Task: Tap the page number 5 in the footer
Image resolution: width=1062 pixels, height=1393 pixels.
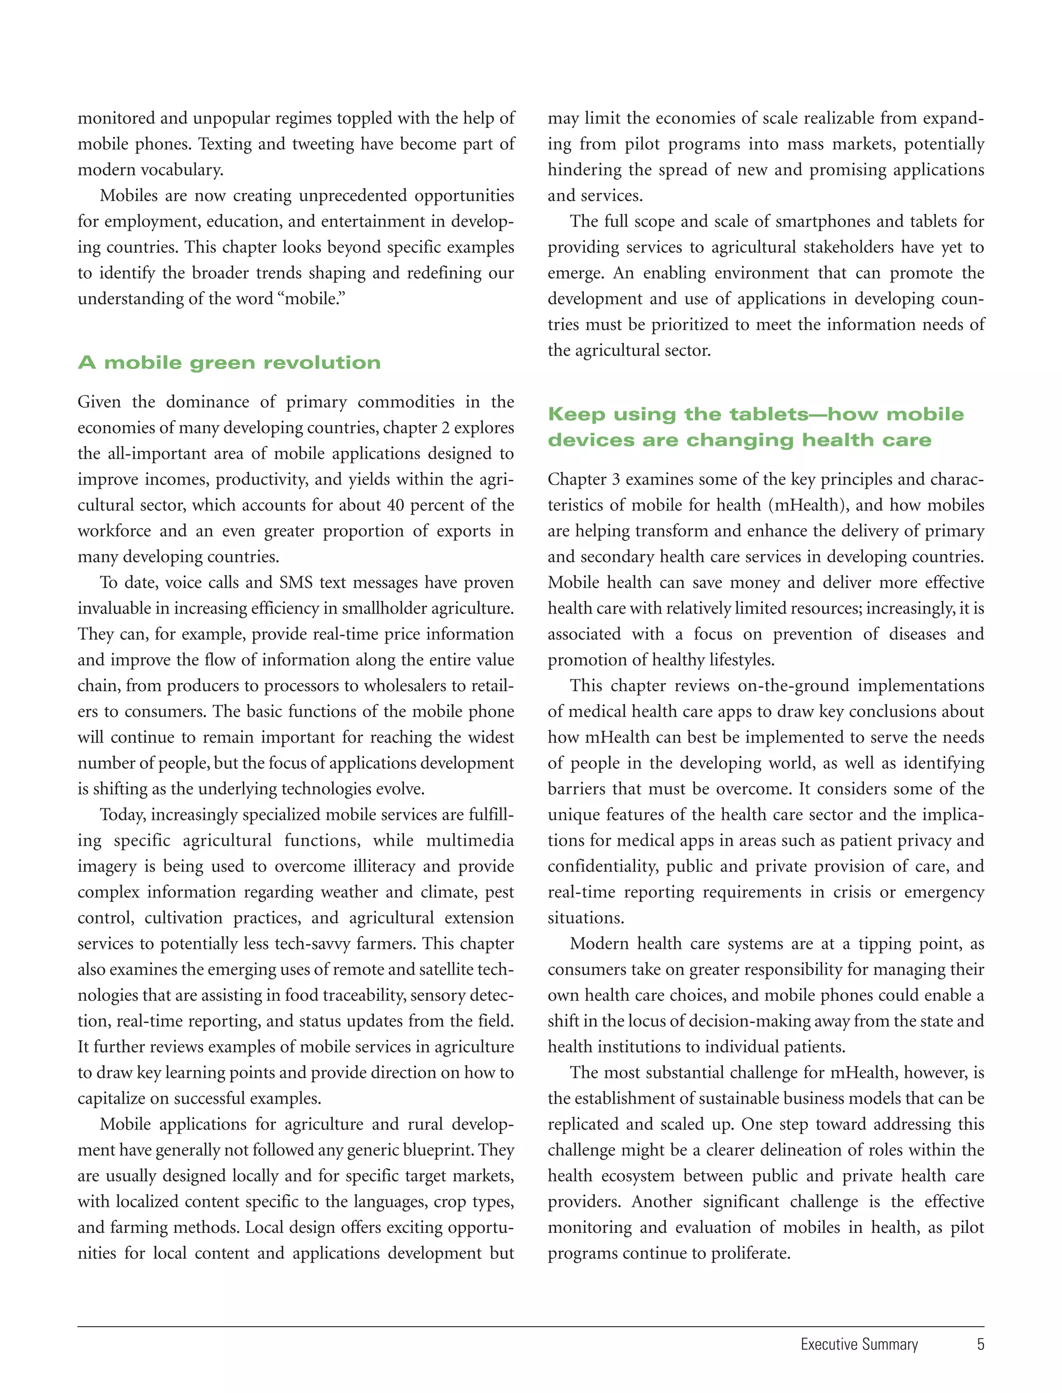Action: [980, 1344]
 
